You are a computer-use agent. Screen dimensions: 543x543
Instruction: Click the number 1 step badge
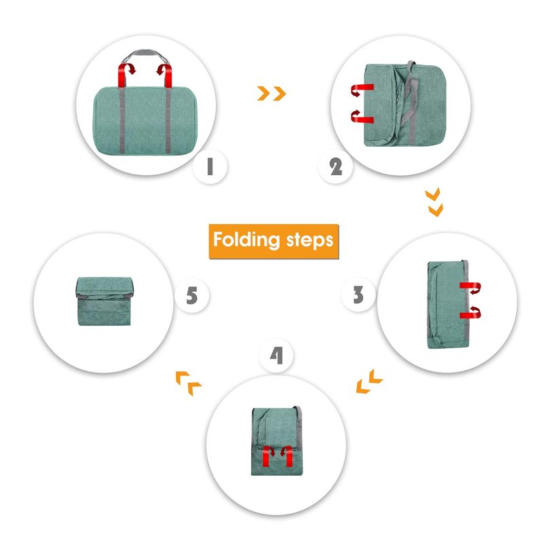210,166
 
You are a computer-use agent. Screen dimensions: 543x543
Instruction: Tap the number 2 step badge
335,166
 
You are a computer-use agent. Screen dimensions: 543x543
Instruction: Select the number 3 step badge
358,295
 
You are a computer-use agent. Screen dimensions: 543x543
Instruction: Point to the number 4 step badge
276,355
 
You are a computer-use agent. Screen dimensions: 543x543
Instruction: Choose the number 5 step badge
192,296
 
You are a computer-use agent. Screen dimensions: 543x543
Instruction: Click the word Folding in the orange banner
246,240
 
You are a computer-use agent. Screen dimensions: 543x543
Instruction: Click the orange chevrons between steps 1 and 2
271,94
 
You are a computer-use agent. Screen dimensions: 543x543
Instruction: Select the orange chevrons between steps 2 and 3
434,202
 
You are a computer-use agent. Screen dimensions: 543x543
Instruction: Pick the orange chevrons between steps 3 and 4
369,381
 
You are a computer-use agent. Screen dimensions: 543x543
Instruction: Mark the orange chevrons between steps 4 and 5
189,383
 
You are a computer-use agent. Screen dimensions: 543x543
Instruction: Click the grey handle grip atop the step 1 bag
145,53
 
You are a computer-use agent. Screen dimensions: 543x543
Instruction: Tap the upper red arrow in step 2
362,90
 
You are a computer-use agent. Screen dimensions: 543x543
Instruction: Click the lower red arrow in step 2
362,116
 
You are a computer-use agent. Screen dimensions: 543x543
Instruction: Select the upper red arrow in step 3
470,287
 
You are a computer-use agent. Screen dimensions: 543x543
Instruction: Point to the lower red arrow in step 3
470,312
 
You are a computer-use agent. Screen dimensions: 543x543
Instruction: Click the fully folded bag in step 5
105,301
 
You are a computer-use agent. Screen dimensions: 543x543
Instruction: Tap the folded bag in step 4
277,441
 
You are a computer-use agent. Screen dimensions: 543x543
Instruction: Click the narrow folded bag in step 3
449,304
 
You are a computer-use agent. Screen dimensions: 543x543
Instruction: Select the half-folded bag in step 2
405,105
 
